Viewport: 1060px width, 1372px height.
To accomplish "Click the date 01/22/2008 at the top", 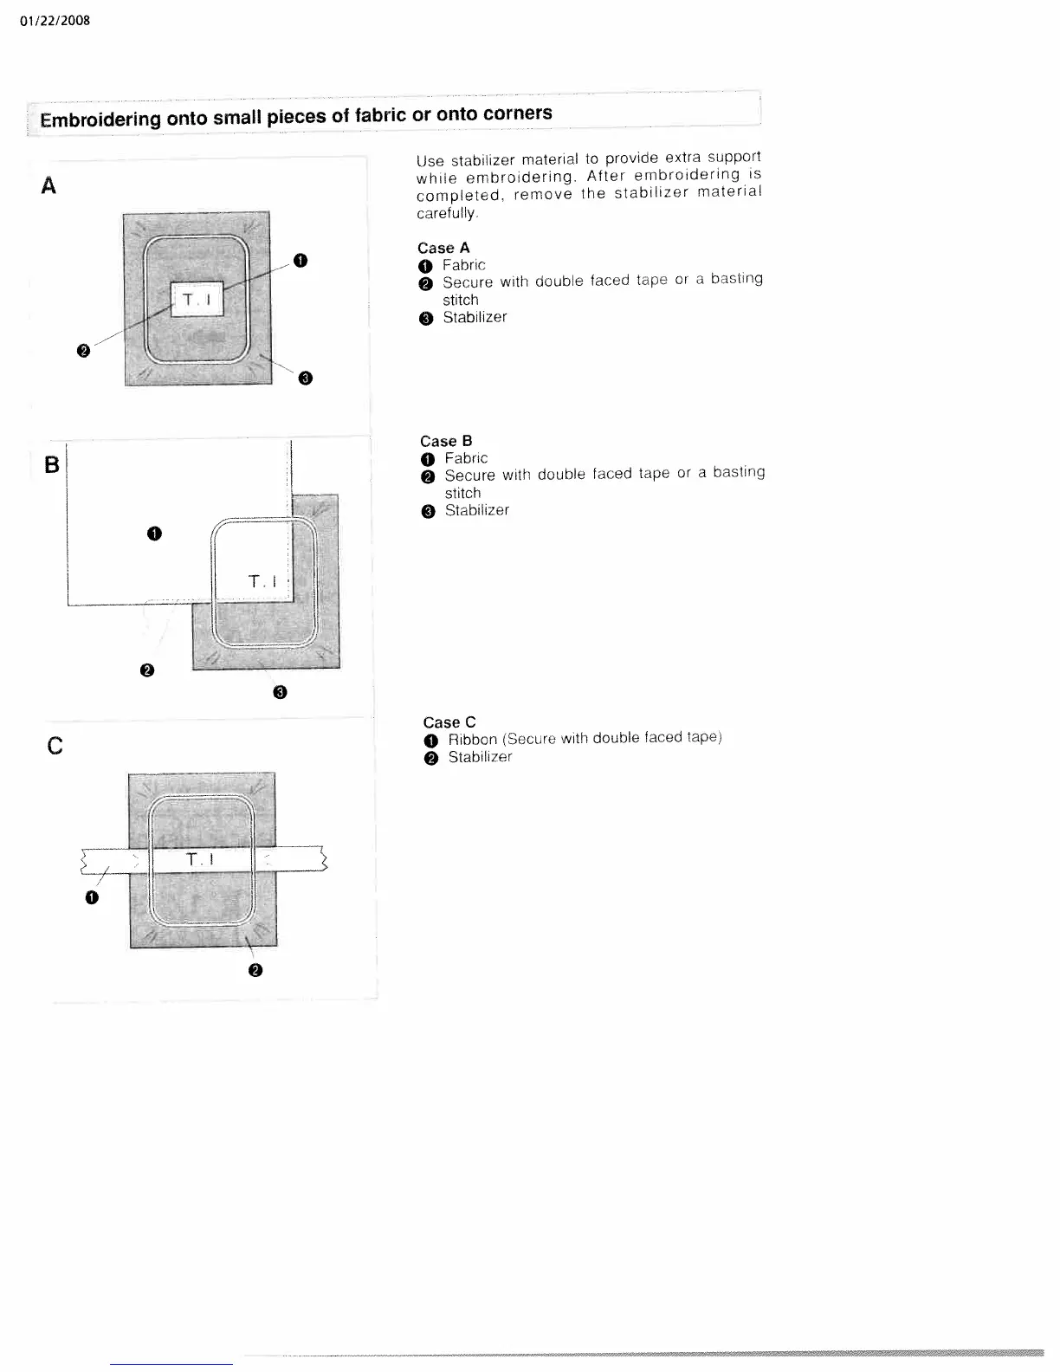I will (54, 20).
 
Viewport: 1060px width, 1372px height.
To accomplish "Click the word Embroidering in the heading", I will (100, 120).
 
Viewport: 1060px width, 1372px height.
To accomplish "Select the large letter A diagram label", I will (48, 185).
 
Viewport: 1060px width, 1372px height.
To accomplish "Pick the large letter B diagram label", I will (52, 465).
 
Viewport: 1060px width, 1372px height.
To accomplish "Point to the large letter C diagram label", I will (54, 746).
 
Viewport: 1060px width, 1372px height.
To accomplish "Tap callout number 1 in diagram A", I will (300, 260).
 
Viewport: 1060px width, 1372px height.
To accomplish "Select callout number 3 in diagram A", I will (305, 378).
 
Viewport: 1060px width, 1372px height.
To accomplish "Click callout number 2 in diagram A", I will (83, 351).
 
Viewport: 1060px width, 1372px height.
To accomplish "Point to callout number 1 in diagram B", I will (153, 534).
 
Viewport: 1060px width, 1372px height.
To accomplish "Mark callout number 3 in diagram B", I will (279, 692).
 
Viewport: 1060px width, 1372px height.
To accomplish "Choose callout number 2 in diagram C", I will (255, 971).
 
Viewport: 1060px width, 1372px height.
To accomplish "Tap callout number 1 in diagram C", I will (92, 897).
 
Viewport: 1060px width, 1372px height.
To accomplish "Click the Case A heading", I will (443, 248).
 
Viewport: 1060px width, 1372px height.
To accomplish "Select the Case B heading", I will (446, 441).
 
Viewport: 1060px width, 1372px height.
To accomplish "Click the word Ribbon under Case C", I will (472, 740).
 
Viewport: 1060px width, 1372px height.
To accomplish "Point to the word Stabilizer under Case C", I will (480, 757).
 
